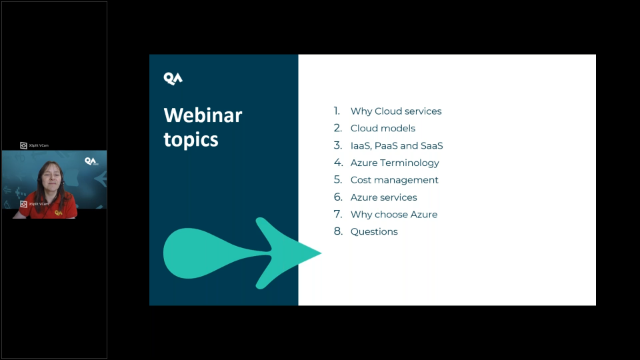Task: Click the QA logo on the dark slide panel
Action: [173, 78]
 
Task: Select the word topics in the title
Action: [190, 139]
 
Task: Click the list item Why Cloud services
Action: [395, 111]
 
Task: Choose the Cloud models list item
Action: [382, 128]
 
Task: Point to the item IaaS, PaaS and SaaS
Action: [396, 146]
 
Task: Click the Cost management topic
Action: [394, 180]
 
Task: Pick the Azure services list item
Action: [384, 198]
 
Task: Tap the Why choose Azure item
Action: [393, 215]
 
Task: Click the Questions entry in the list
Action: [374, 232]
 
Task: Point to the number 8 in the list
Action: [338, 232]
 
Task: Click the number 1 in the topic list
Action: [337, 111]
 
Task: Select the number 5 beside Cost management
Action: [338, 180]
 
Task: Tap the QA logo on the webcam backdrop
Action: [90, 160]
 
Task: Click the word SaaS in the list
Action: [431, 146]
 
